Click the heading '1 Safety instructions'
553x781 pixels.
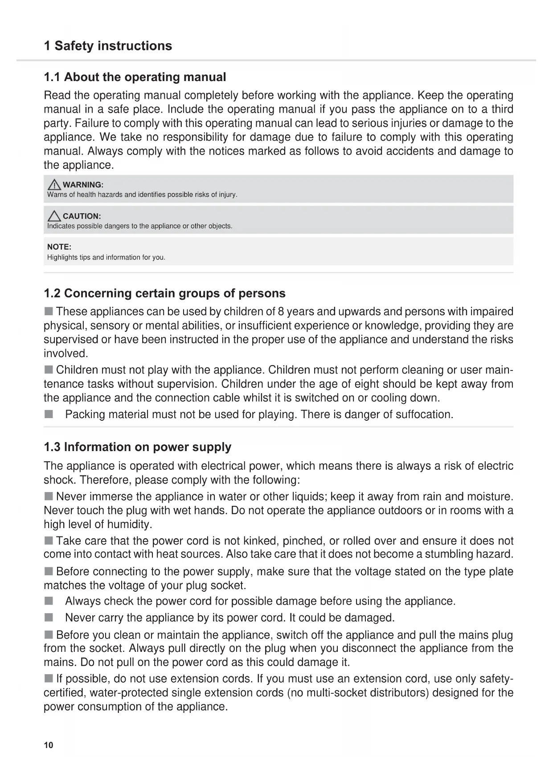pyautogui.click(x=108, y=46)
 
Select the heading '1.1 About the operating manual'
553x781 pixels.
pyautogui.click(x=135, y=77)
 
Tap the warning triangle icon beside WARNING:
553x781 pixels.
pyautogui.click(x=54, y=184)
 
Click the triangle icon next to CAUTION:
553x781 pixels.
pyautogui.click(x=54, y=216)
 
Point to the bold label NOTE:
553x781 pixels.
pyautogui.click(x=59, y=247)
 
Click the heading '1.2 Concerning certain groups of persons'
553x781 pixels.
pyautogui.click(x=164, y=293)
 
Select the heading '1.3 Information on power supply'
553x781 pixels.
pyautogui.click(x=137, y=447)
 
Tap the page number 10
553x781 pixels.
pyautogui.click(x=49, y=745)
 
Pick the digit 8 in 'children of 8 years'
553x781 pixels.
pyautogui.click(x=281, y=311)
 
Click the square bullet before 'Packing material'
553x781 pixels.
pyautogui.click(x=49, y=415)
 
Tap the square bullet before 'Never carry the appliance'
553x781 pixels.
pyautogui.click(x=49, y=618)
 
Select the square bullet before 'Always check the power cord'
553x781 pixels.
pyautogui.click(x=49, y=601)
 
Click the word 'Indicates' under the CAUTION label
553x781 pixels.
pyautogui.click(x=61, y=226)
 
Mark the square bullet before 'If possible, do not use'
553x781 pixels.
pyautogui.click(x=49, y=679)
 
